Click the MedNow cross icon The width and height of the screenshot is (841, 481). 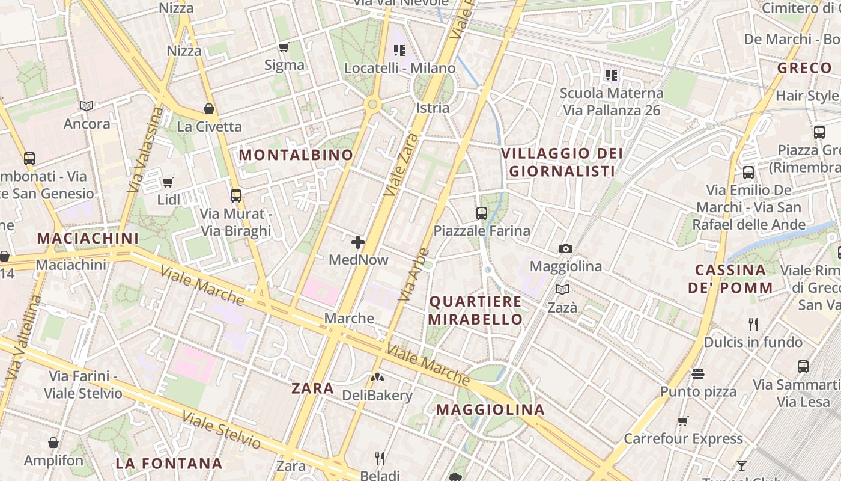tap(358, 242)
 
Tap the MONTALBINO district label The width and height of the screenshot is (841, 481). tap(296, 155)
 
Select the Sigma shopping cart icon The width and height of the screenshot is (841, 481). tap(284, 47)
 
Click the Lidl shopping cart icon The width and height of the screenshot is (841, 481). tap(168, 182)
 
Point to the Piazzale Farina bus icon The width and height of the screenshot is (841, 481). tap(482, 213)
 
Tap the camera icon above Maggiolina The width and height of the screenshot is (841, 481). tap(565, 248)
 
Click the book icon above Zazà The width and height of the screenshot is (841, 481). tap(562, 290)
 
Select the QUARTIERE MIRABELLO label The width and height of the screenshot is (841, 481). tap(475, 310)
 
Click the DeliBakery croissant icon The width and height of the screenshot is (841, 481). tap(378, 378)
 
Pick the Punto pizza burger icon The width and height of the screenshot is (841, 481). tap(697, 374)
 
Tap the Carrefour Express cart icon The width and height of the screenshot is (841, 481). tap(682, 421)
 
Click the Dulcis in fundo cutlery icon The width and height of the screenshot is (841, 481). tap(753, 325)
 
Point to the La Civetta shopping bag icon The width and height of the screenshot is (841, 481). tap(209, 109)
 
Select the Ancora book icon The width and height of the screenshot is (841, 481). tap(87, 106)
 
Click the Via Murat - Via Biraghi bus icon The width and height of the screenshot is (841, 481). tap(236, 195)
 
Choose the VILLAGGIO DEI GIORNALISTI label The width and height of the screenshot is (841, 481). tap(562, 162)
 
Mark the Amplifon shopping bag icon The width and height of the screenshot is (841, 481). tap(53, 443)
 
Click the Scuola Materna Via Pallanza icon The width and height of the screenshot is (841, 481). tap(612, 75)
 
